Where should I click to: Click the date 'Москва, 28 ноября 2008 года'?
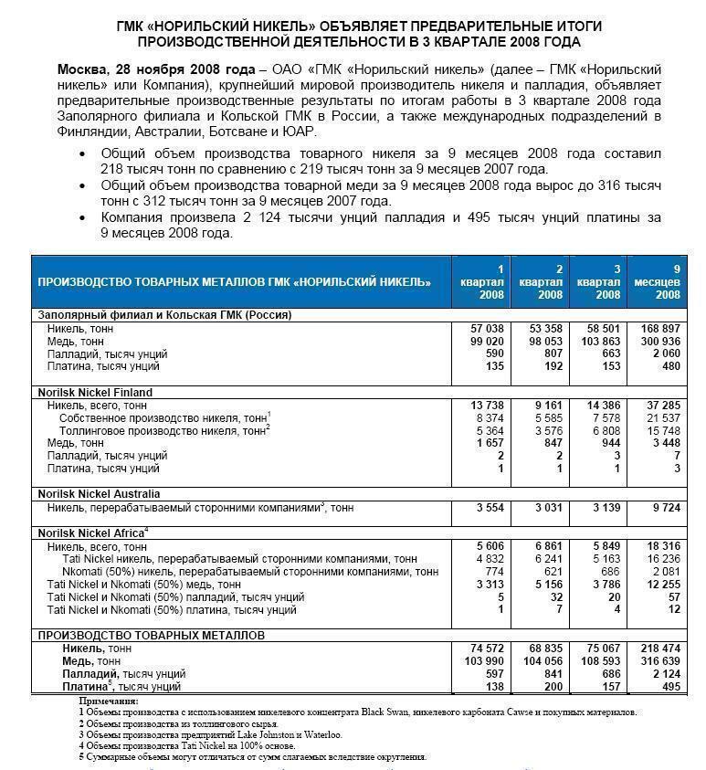(x=156, y=69)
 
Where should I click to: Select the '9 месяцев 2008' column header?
(x=669, y=281)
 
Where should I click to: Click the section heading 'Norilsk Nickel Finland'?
(x=95, y=392)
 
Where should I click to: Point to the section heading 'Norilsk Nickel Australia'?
(x=100, y=493)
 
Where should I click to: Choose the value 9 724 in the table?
(x=668, y=506)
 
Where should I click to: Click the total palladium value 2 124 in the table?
(x=668, y=673)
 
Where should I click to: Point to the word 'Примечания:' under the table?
(x=108, y=701)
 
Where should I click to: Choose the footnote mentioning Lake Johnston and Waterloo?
(x=210, y=734)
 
